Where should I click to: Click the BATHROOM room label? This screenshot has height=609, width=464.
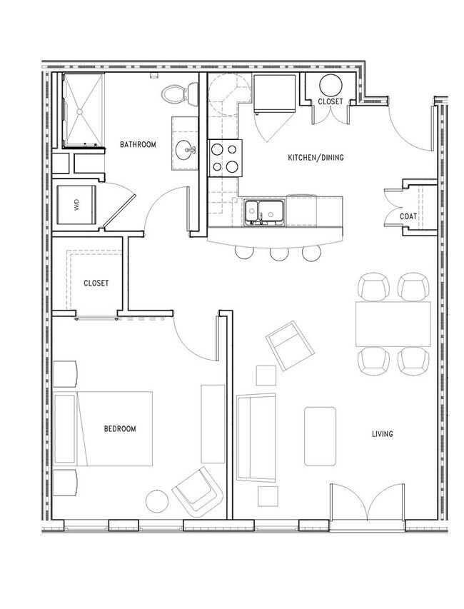point(138,144)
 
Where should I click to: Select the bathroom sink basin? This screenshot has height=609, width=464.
point(185,149)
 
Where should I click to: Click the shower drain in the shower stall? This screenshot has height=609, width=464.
point(80,111)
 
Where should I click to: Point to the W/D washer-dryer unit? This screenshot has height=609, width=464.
point(76,205)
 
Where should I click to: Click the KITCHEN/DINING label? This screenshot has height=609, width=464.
point(316,158)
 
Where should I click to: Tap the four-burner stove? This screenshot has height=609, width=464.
point(225,158)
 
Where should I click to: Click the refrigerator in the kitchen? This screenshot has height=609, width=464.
point(275,94)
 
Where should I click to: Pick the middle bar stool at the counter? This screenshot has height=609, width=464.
point(280,253)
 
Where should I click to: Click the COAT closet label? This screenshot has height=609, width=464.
point(408,216)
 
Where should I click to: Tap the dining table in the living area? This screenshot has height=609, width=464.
point(393,324)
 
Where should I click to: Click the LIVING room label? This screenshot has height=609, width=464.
point(383,434)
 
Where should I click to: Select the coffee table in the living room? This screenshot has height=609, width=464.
point(320,436)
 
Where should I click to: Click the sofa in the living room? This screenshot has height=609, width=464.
point(256,438)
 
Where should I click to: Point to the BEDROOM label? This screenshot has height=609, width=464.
point(120,429)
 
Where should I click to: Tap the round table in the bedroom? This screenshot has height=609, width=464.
point(157,501)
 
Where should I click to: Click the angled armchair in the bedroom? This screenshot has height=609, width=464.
point(198,491)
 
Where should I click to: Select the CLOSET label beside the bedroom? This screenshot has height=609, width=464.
point(96,283)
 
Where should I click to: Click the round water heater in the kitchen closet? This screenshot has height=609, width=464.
point(331,86)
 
